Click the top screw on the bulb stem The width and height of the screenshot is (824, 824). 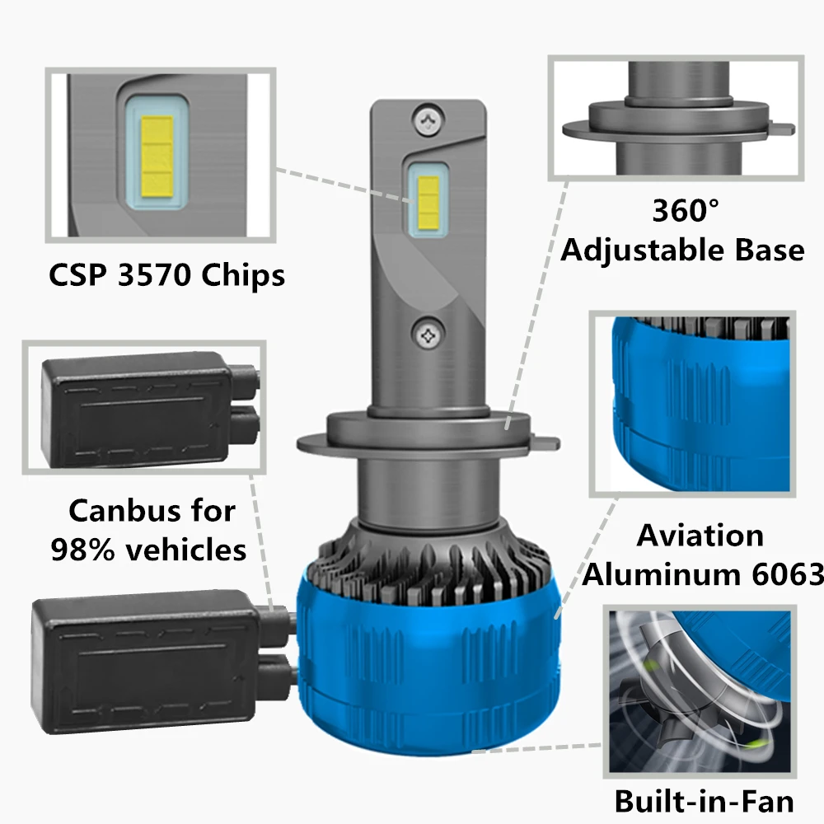tap(428, 120)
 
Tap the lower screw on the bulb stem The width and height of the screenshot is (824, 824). tap(428, 335)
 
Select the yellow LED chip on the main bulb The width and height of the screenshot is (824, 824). tap(428, 204)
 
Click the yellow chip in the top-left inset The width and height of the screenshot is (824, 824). tap(157, 155)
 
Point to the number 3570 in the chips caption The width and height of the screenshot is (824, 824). tap(153, 274)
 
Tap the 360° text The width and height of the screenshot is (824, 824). tap(686, 210)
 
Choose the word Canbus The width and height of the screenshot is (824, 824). tap(123, 510)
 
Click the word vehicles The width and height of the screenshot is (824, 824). tap(186, 550)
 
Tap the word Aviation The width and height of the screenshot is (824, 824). tap(700, 536)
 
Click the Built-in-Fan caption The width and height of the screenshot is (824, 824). tap(705, 802)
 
